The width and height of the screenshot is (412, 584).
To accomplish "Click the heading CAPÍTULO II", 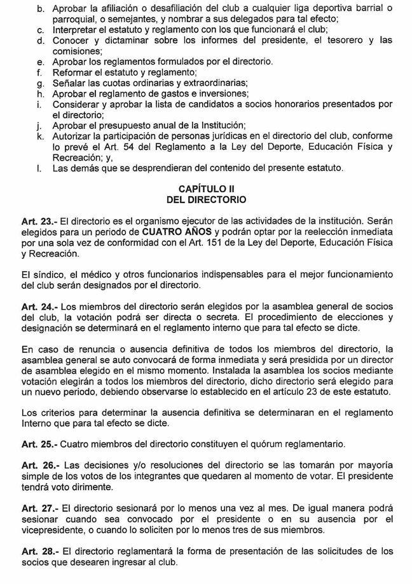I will click(205, 189).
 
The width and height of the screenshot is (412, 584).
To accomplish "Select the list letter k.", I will click(39, 135).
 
